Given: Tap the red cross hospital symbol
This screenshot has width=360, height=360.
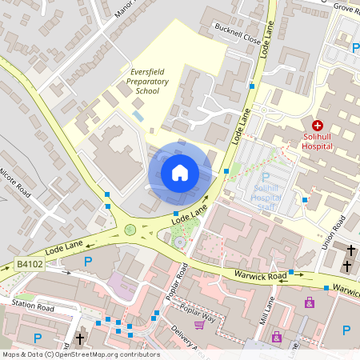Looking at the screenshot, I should point(317,126).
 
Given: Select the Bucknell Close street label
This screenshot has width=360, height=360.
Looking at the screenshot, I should point(238,33).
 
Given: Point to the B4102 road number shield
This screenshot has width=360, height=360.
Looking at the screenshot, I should point(28,262).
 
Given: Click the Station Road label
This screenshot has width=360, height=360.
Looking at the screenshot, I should point(33,306).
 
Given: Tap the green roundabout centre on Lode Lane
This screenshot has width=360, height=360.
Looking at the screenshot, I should point(130,230).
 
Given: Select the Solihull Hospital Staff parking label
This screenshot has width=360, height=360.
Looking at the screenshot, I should point(266,197).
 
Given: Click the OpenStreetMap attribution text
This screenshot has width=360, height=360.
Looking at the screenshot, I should point(80,354).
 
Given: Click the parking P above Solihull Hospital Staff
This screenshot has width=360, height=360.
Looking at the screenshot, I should point(266,177).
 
